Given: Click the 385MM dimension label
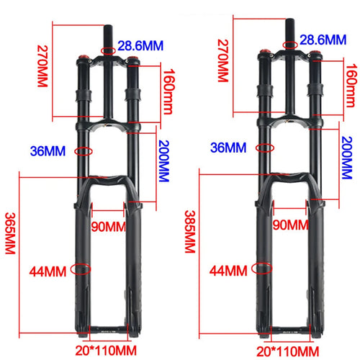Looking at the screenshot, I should click(x=190, y=230).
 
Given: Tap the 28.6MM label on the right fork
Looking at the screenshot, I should click(x=323, y=40).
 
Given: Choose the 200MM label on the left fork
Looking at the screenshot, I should click(x=167, y=160).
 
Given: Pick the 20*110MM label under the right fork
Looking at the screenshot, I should click(x=289, y=350).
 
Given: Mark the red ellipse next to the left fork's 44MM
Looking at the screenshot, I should click(x=83, y=270).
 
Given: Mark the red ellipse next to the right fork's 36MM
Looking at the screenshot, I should click(x=266, y=148).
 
